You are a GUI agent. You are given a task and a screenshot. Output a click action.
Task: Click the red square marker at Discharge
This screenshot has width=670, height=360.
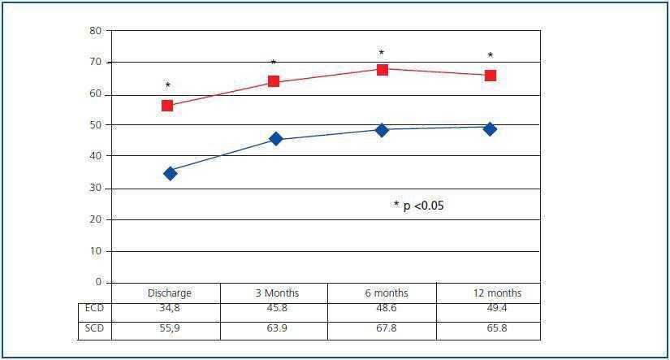167,106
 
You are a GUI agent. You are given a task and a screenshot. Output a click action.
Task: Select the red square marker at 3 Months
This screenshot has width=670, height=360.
274,81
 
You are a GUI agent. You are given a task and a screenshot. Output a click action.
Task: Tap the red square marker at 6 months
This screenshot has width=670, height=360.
383,70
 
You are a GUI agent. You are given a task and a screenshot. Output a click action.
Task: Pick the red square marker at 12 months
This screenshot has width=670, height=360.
491,76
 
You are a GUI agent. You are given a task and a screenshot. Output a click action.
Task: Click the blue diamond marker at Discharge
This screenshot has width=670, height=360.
170,173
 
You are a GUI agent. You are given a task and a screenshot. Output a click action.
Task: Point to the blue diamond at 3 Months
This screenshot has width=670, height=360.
276,139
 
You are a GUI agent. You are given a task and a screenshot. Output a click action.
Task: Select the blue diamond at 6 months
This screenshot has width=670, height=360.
383,129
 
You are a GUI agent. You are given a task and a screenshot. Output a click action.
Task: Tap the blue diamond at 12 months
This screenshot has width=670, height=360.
490,128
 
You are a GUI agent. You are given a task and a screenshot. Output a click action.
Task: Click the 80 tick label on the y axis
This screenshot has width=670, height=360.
96,31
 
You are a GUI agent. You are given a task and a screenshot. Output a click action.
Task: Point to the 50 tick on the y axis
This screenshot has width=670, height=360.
96,125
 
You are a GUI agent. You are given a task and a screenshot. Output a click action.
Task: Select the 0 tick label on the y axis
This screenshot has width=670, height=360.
98,282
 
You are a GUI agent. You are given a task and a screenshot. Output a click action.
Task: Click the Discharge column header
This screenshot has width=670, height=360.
169,293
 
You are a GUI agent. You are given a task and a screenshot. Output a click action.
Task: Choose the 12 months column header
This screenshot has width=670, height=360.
497,293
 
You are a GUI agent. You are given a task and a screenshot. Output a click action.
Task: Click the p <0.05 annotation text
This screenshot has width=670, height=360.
419,206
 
